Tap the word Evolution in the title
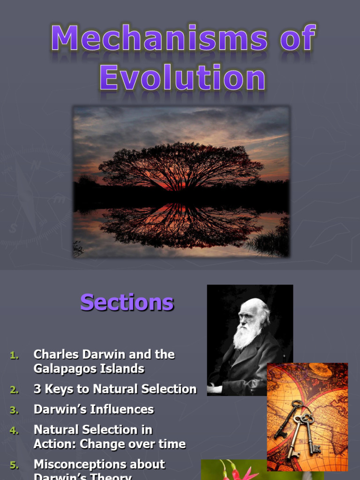click(x=182, y=78)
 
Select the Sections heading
click(x=127, y=302)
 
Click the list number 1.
click(x=14, y=355)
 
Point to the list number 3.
click(x=14, y=410)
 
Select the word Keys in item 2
click(x=62, y=389)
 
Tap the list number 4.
click(x=14, y=430)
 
